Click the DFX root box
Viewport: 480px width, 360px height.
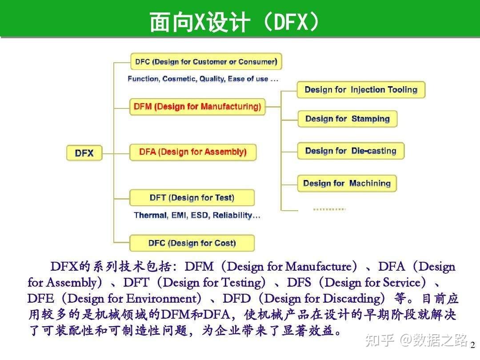click(x=84, y=153)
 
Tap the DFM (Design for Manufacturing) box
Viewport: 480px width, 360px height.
click(x=197, y=107)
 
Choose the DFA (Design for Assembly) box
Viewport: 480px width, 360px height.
click(x=192, y=152)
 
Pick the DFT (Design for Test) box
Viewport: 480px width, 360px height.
click(x=192, y=198)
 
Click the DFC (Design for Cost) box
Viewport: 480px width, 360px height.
click(x=192, y=243)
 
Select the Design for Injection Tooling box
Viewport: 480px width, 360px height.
click(x=360, y=90)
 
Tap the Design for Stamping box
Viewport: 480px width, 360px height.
click(x=347, y=119)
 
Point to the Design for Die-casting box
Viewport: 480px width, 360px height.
click(x=350, y=151)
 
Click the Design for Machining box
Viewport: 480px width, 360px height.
click(x=347, y=183)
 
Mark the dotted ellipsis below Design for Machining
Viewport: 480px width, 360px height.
click(x=329, y=208)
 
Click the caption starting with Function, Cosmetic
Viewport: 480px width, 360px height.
click(x=203, y=79)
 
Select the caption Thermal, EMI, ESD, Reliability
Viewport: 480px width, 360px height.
click(x=197, y=216)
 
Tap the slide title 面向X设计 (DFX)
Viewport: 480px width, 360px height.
click(x=234, y=22)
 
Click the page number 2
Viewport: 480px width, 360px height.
click(x=472, y=345)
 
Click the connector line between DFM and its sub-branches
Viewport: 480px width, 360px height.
click(x=273, y=107)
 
